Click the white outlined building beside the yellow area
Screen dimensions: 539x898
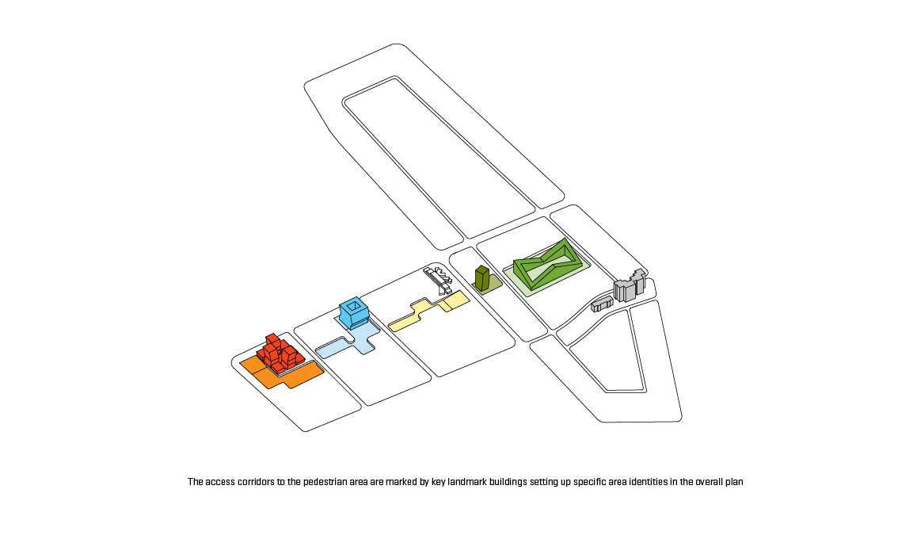point(436,277)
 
